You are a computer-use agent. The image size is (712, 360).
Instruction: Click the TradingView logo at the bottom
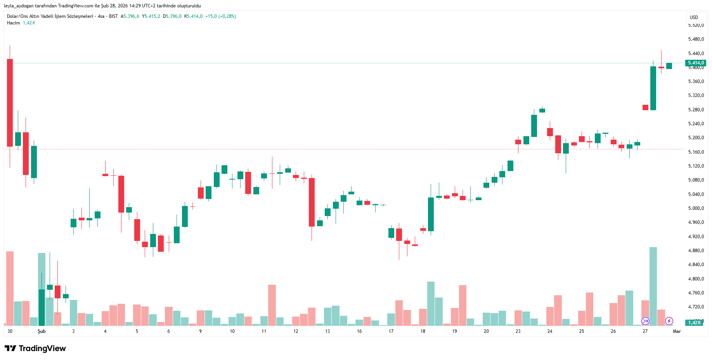pyautogui.click(x=35, y=348)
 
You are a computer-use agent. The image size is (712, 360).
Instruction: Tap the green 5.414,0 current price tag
pyautogui.click(x=696, y=63)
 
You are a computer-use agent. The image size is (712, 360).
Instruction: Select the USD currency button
pyautogui.click(x=694, y=17)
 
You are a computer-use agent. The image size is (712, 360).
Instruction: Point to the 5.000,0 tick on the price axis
pyautogui.click(x=696, y=208)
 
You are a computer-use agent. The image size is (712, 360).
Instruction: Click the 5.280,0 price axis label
pyautogui.click(x=696, y=110)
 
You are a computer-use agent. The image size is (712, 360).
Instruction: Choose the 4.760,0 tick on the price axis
pyautogui.click(x=696, y=293)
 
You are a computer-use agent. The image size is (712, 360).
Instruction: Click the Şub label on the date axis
pyautogui.click(x=42, y=331)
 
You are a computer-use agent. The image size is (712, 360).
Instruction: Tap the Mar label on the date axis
pyautogui.click(x=677, y=331)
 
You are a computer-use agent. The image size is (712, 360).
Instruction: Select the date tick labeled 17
pyautogui.click(x=391, y=331)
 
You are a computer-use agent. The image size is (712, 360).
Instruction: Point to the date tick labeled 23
pyautogui.click(x=518, y=331)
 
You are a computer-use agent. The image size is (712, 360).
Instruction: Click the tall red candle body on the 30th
pyautogui.click(x=10, y=103)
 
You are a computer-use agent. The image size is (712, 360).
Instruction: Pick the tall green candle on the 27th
pyautogui.click(x=653, y=88)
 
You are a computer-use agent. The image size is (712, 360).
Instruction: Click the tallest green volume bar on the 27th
pyautogui.click(x=653, y=286)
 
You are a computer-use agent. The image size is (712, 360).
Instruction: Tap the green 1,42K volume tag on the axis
pyautogui.click(x=695, y=323)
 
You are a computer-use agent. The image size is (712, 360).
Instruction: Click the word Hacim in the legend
pyautogui.click(x=13, y=23)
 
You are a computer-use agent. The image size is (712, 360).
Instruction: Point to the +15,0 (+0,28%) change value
pyautogui.click(x=220, y=16)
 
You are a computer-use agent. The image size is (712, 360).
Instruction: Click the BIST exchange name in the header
pyautogui.click(x=113, y=16)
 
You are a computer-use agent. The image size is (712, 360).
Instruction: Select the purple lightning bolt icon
pyautogui.click(x=669, y=321)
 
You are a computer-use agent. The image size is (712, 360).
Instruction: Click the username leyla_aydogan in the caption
pyautogui.click(x=19, y=6)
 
